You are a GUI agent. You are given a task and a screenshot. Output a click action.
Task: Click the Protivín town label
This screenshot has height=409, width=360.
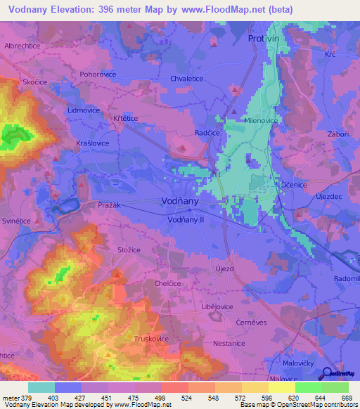pyautogui.click(x=264, y=39)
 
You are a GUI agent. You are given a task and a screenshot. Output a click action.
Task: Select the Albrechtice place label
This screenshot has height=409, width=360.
pyautogui.click(x=24, y=45)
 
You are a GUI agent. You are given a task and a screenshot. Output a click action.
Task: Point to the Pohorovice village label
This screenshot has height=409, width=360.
pyautogui.click(x=98, y=74)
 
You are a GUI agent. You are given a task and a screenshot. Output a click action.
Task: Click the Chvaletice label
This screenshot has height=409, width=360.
pyautogui.click(x=186, y=79)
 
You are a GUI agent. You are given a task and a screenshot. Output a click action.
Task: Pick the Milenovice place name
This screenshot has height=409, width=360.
pyautogui.click(x=261, y=120)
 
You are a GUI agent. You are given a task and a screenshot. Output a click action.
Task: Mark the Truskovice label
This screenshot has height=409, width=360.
pyautogui.click(x=151, y=339)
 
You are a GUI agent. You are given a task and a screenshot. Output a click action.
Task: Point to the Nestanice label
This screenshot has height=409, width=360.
pyautogui.click(x=229, y=344)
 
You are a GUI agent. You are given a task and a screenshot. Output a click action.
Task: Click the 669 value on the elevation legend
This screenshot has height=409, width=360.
pyautogui.click(x=347, y=398)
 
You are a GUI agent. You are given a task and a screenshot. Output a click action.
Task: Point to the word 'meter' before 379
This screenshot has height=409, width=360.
pyautogui.click(x=11, y=398)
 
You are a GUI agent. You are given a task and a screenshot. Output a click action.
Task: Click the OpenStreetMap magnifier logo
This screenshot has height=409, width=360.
pyautogui.click(x=328, y=374)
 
